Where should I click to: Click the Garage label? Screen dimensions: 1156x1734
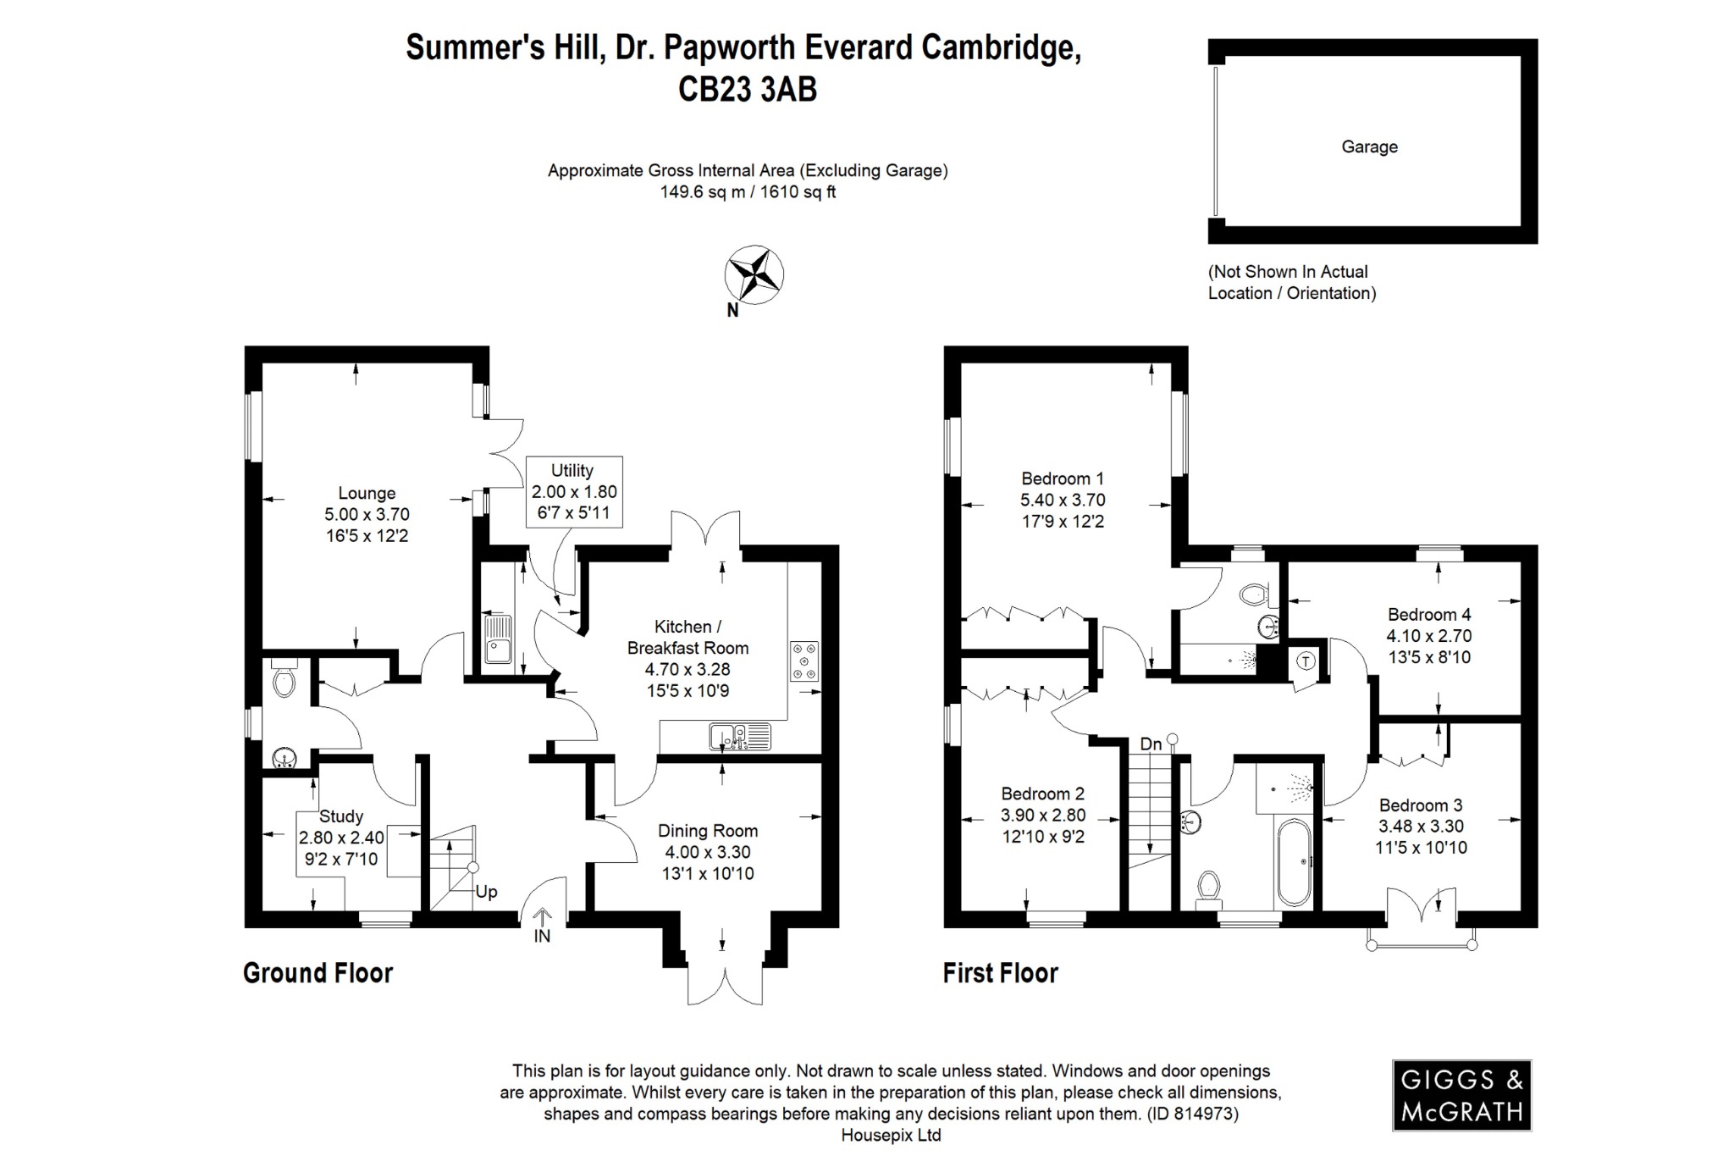pyautogui.click(x=1369, y=147)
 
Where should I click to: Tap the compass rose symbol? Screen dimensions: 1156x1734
pyautogui.click(x=754, y=274)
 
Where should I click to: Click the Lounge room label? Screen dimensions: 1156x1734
pyautogui.click(x=367, y=493)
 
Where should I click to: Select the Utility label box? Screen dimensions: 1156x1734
pyautogui.click(x=573, y=491)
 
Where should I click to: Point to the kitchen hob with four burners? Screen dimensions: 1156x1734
pyautogui.click(x=804, y=661)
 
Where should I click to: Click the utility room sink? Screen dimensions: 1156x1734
pyautogui.click(x=496, y=639)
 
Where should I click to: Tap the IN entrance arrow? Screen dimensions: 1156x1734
pyautogui.click(x=542, y=919)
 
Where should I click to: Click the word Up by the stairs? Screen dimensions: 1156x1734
pyautogui.click(x=486, y=892)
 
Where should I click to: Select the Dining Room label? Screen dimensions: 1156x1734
pyautogui.click(x=708, y=831)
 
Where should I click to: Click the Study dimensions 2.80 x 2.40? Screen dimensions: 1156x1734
pyautogui.click(x=341, y=838)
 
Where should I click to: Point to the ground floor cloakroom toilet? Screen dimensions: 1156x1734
pyautogui.click(x=284, y=679)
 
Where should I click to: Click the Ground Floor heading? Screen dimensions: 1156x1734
pyautogui.click(x=318, y=973)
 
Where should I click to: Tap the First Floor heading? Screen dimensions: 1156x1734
pyautogui.click(x=1000, y=973)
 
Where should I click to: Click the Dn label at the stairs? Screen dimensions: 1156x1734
pyautogui.click(x=1151, y=744)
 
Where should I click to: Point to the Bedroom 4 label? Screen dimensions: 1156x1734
pyautogui.click(x=1428, y=614)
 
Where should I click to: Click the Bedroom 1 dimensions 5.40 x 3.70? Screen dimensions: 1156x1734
pyautogui.click(x=1063, y=500)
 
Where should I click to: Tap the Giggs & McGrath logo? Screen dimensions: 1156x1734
pyautogui.click(x=1461, y=1095)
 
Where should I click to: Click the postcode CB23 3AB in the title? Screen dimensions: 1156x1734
pyautogui.click(x=747, y=90)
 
